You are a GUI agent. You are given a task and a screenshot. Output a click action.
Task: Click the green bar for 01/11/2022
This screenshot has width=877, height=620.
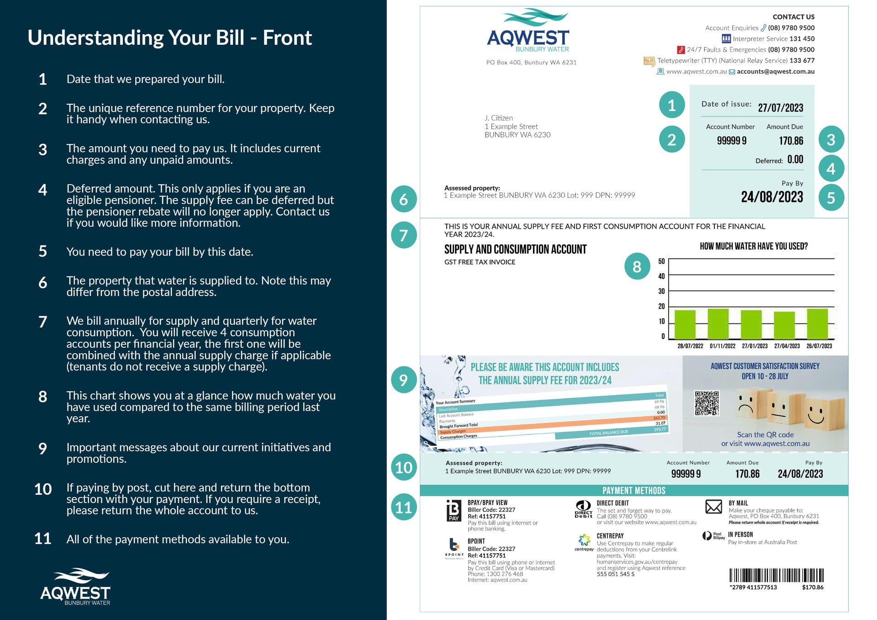tap(718, 324)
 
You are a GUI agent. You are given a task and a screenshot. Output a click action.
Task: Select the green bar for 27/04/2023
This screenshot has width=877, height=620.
tap(784, 325)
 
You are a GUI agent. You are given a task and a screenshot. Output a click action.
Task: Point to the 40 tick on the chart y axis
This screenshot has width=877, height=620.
tap(661, 276)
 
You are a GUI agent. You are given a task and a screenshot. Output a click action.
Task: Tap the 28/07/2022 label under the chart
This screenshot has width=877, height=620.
tap(690, 346)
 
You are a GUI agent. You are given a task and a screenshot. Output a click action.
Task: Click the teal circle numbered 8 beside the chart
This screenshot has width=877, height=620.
tap(637, 266)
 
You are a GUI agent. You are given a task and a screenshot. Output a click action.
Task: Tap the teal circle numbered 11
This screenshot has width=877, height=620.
tap(403, 507)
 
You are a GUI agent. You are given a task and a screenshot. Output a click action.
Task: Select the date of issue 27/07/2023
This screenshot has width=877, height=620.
tap(780, 108)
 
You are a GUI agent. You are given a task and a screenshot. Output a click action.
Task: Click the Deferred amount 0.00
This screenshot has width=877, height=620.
tap(795, 159)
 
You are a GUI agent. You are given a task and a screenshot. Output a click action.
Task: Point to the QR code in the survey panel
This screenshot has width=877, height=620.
tap(707, 403)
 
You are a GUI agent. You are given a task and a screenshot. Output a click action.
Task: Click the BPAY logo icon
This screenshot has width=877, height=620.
tap(454, 510)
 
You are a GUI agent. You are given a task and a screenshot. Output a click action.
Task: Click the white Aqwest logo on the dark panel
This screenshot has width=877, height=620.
tap(75, 587)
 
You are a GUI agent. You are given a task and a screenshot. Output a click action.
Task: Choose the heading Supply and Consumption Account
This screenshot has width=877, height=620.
tap(515, 249)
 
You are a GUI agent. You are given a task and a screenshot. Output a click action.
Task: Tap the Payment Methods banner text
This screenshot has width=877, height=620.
tap(634, 491)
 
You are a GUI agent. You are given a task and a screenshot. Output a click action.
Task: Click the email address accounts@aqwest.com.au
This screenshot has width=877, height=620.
tap(775, 72)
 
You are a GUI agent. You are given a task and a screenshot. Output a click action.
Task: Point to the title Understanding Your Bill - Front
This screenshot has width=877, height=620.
tap(169, 37)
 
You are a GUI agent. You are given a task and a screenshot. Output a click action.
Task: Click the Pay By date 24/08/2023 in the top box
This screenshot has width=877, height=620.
tap(771, 197)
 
